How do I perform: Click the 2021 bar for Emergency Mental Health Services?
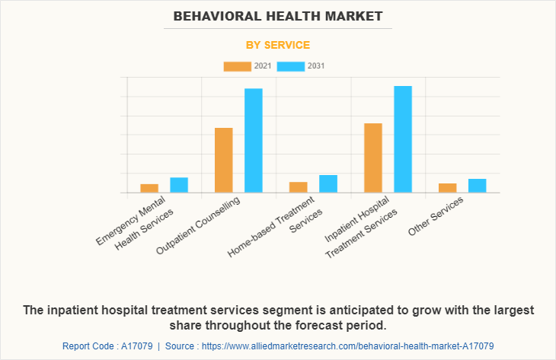coord(149,188)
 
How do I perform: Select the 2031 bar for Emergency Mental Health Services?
coord(179,185)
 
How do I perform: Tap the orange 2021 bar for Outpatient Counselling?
coord(224,160)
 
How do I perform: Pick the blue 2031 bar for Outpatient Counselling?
coord(254,140)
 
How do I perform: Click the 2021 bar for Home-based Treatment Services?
coord(299,187)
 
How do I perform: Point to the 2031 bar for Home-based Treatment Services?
coord(328,183)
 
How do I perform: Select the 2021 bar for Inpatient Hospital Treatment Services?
coord(373,158)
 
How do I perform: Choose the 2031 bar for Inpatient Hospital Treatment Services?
coord(403,139)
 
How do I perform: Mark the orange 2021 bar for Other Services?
coord(448,188)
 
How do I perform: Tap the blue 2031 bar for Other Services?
coord(478,186)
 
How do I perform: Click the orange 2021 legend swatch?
coord(237,66)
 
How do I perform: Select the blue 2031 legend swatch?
coord(290,66)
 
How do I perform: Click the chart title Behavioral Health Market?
coord(278,15)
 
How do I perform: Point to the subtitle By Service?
coord(278,45)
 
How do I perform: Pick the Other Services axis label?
coord(436,216)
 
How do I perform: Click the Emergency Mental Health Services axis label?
coord(136,226)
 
